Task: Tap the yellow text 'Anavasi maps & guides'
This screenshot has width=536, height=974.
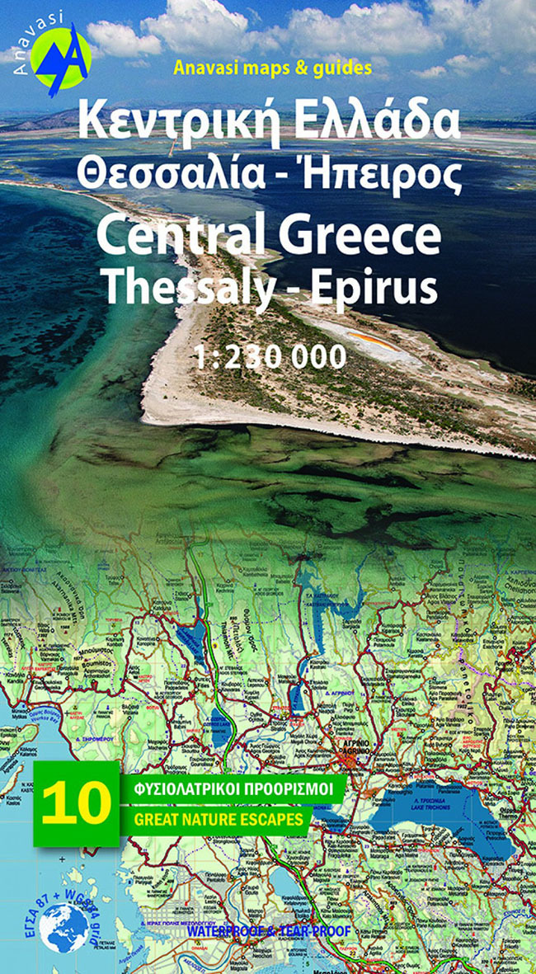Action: pos(272,68)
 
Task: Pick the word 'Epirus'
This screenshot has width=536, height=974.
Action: pos(379,286)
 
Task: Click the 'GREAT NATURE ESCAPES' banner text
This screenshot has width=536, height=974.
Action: pos(219,819)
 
